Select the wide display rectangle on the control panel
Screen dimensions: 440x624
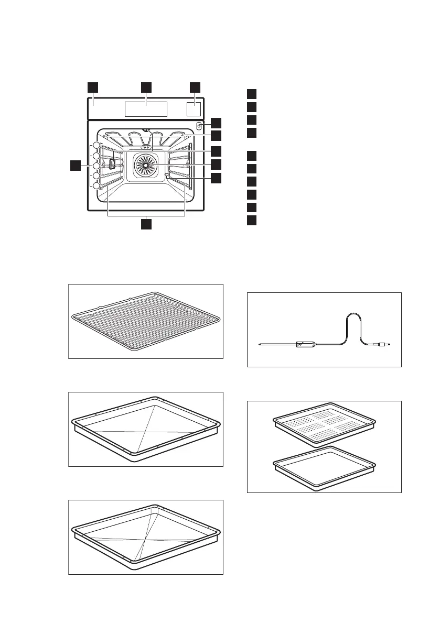[146, 109]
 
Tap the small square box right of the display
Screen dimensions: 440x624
[194, 109]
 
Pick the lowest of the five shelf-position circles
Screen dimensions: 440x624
[96, 186]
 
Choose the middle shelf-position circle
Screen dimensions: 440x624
[96, 166]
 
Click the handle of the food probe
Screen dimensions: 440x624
[306, 344]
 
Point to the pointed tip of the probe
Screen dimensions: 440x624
[260, 344]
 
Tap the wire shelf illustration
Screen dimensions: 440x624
[146, 321]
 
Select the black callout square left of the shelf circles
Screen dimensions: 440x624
[77, 166]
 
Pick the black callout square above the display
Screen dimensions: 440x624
[146, 86]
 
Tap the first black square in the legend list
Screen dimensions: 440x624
[252, 94]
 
